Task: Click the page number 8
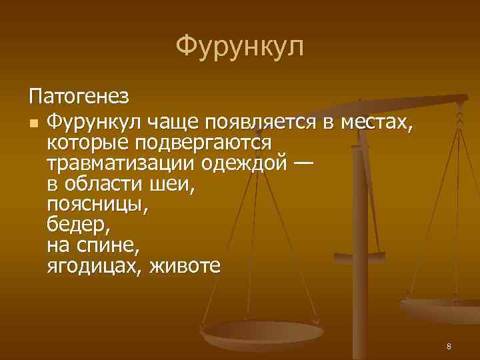click(x=449, y=346)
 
